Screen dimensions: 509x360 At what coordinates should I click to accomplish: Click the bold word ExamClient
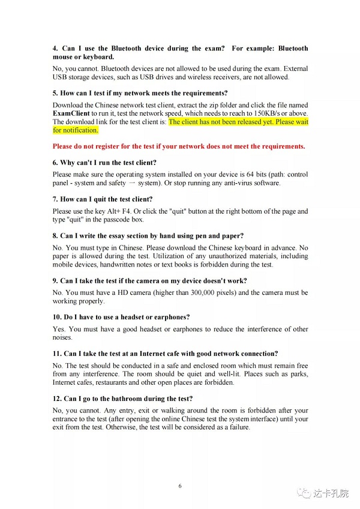click(73, 113)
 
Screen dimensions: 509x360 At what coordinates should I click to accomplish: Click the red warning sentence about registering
click(179, 146)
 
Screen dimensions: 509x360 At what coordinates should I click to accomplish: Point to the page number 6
click(180, 486)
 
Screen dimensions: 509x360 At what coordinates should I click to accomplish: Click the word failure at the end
click(236, 427)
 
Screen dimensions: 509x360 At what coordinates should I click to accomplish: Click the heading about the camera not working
click(149, 280)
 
